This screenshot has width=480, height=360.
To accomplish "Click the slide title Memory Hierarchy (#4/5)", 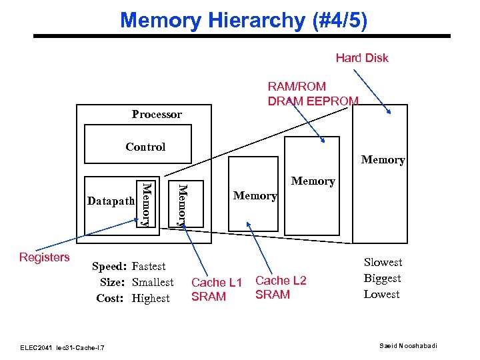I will pyautogui.click(x=243, y=20).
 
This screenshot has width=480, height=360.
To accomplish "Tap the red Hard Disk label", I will pyautogui.click(x=361, y=58).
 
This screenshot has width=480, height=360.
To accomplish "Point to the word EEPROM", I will pyautogui.click(x=333, y=101).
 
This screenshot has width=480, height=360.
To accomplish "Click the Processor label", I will pyautogui.click(x=157, y=115).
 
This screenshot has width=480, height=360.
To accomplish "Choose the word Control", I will pyautogui.click(x=145, y=147).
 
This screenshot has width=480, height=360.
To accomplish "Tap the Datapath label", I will pyautogui.click(x=111, y=201).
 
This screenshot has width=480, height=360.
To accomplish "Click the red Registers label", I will pyautogui.click(x=45, y=257).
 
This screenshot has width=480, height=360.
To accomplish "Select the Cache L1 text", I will pyautogui.click(x=217, y=283).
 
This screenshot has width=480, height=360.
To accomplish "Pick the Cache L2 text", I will pyautogui.click(x=281, y=281).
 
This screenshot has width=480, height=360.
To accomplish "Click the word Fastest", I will pyautogui.click(x=149, y=267).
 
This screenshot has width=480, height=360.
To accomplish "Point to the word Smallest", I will pyautogui.click(x=153, y=283).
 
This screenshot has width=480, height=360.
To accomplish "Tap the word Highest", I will pyautogui.click(x=151, y=299).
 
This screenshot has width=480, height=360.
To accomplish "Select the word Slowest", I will pyautogui.click(x=383, y=263).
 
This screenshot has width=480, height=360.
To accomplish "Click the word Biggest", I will pyautogui.click(x=382, y=279).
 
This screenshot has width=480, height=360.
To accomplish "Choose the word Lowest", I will pyautogui.click(x=381, y=295).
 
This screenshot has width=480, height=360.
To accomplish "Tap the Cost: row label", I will pyautogui.click(x=110, y=299).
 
